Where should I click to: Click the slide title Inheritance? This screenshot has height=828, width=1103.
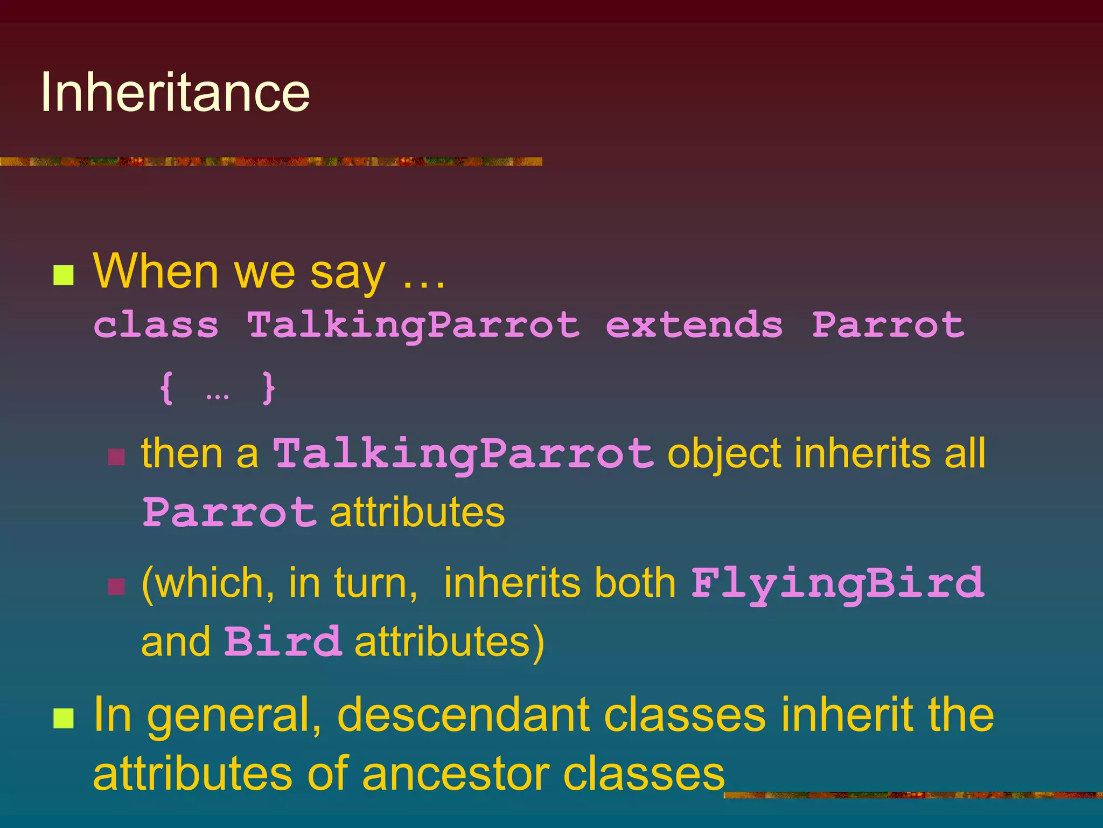coord(175,93)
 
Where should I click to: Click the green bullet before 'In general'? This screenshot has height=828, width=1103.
coord(64,718)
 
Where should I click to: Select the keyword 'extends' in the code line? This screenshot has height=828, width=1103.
coord(694,325)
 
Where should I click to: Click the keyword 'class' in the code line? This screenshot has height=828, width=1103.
coord(156,325)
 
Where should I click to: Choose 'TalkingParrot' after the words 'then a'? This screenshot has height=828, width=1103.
coord(463,454)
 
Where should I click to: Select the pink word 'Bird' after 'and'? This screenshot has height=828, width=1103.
coord(283,641)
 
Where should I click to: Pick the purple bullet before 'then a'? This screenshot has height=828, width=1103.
coord(116,457)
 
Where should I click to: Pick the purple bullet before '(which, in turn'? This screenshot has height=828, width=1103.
coord(116,586)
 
